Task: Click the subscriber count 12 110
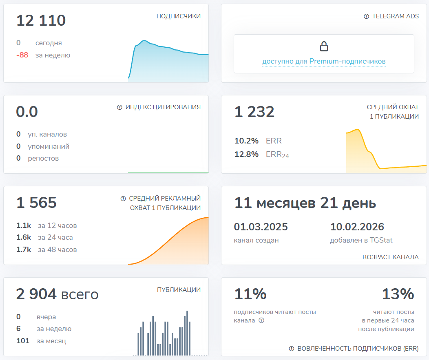tap(41, 20)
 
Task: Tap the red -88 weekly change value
tap(22, 55)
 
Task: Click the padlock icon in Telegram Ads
tap(324, 46)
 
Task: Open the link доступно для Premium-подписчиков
tap(324, 62)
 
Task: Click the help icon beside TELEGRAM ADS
tap(366, 16)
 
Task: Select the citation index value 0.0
tap(27, 112)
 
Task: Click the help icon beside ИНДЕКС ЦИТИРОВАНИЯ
tap(119, 107)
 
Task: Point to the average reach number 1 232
tap(254, 112)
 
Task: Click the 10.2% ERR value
tap(246, 141)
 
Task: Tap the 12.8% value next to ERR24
tap(246, 154)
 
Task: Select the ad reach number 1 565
tap(36, 203)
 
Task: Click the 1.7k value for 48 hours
tap(24, 250)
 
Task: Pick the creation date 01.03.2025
tap(261, 227)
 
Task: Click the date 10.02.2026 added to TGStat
tap(357, 227)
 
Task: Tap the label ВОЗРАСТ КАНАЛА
tap(390, 257)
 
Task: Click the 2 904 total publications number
tap(36, 294)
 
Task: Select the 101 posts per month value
tap(23, 341)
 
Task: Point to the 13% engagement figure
tap(398, 294)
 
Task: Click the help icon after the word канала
tap(261, 320)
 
